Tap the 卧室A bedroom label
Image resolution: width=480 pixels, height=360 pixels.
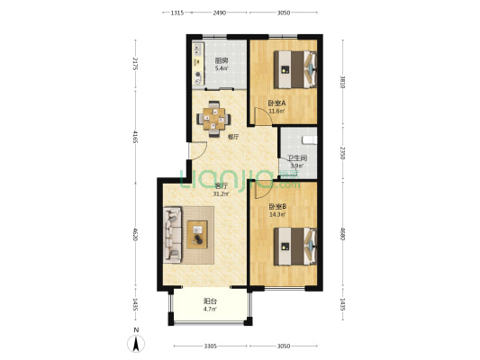[x=276, y=103]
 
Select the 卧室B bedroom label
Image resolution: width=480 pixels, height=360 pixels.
[x=277, y=206]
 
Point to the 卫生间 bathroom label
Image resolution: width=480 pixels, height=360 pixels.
[x=297, y=158]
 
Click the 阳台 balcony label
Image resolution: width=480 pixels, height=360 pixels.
[x=210, y=301]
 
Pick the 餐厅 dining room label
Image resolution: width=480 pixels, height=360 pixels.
[x=233, y=137]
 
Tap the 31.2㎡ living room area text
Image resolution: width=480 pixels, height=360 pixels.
[x=221, y=193]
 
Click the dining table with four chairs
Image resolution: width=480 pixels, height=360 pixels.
[x=213, y=119]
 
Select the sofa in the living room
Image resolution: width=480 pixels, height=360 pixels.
[x=173, y=235]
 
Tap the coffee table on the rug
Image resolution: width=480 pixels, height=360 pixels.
[x=197, y=234]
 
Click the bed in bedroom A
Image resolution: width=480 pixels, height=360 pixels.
[x=295, y=69]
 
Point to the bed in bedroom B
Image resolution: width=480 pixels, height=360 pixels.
[x=295, y=247]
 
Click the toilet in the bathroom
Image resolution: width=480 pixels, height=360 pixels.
[x=310, y=140]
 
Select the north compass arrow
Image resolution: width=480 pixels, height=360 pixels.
[x=136, y=343]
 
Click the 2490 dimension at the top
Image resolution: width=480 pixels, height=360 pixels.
[x=220, y=13]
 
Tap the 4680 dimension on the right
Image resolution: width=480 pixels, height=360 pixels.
[x=342, y=234]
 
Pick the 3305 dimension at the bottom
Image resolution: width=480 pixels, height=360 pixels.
[x=211, y=346]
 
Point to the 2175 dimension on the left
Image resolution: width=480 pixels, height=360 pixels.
[x=135, y=64]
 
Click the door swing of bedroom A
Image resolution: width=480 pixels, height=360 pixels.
[x=264, y=116]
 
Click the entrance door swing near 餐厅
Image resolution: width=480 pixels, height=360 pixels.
[x=198, y=151]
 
